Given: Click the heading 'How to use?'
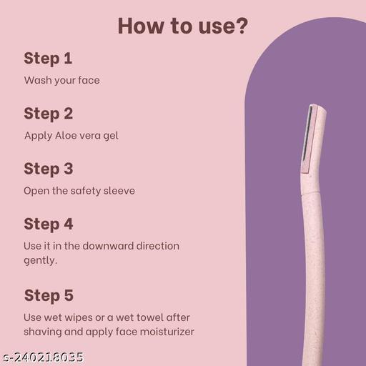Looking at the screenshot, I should pyautogui.click(x=183, y=26).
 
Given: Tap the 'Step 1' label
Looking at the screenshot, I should pyautogui.click(x=48, y=58).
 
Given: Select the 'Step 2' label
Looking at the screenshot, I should pyautogui.click(x=49, y=113).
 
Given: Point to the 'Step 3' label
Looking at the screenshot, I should pyautogui.click(x=49, y=169).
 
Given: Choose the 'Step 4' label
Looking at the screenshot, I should pyautogui.click(x=49, y=224).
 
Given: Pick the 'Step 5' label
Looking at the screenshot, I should pyautogui.click(x=49, y=295).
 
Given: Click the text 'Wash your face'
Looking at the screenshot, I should pyautogui.click(x=61, y=80).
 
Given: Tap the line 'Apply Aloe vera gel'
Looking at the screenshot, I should pyautogui.click(x=71, y=135).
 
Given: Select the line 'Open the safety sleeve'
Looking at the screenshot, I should pyautogui.click(x=79, y=191).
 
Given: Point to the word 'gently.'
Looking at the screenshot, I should pyautogui.click(x=40, y=261).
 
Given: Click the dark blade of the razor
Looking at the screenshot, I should pyautogui.click(x=308, y=132).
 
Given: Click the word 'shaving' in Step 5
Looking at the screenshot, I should pyautogui.click(x=44, y=332).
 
